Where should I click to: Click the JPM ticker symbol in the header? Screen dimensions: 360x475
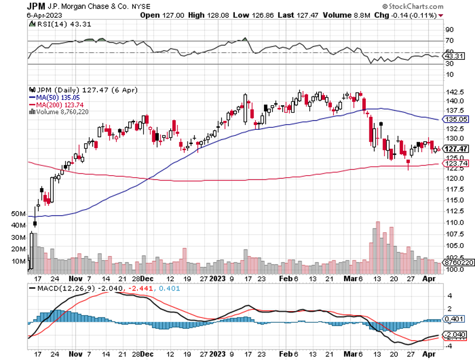tap(37, 6)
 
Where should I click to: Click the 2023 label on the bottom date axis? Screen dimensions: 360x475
tap(218, 354)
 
